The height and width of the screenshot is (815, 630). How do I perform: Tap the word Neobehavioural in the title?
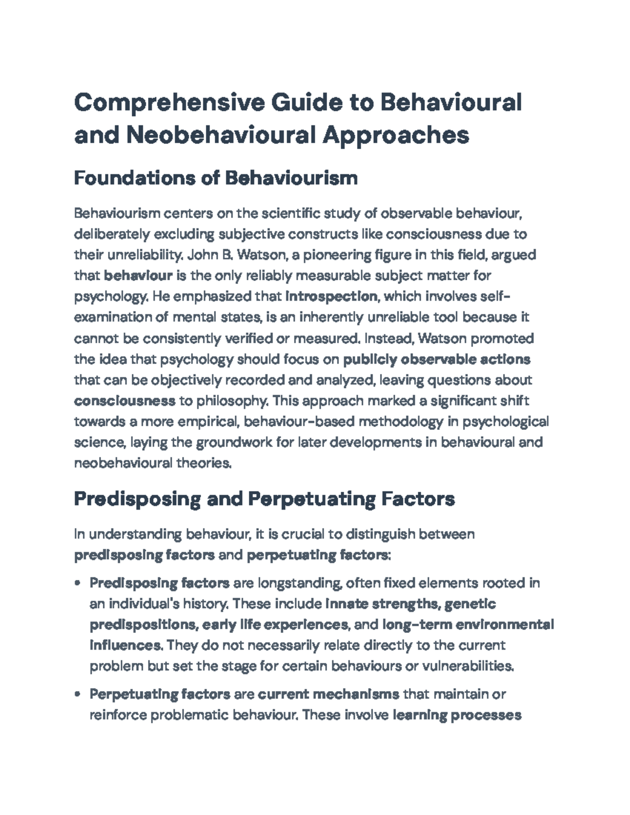pyautogui.click(x=220, y=135)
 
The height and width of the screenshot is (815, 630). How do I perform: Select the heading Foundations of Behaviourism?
pyautogui.click(x=216, y=178)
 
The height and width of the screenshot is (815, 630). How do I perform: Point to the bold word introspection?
pyautogui.click(x=331, y=297)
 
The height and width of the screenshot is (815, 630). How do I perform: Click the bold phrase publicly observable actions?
pyautogui.click(x=436, y=359)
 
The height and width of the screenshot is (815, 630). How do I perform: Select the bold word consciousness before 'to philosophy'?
pyautogui.click(x=125, y=401)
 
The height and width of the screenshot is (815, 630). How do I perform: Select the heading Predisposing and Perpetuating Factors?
pyautogui.click(x=264, y=499)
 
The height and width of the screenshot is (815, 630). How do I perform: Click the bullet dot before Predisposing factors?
pyautogui.click(x=78, y=583)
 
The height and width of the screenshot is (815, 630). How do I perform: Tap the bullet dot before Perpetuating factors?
pyautogui.click(x=78, y=694)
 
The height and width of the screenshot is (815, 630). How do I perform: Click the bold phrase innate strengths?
pyautogui.click(x=382, y=604)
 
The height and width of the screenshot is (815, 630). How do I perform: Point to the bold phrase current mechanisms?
pyautogui.click(x=329, y=694)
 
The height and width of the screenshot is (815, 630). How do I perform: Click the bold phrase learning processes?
pyautogui.click(x=457, y=715)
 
